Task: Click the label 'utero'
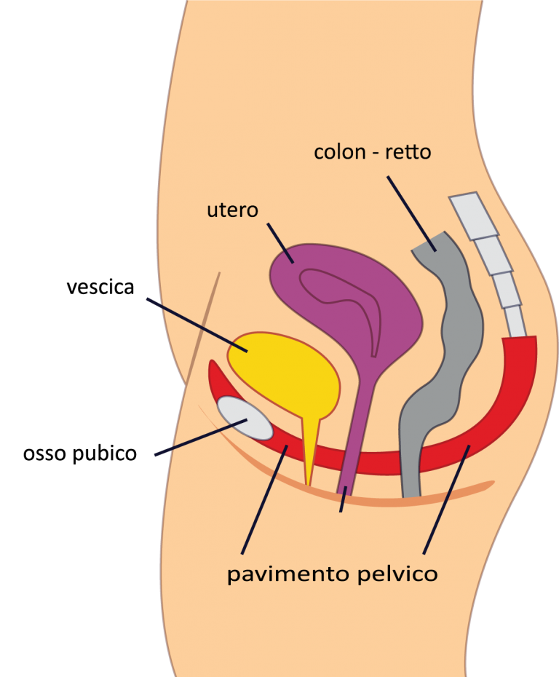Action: (232, 210)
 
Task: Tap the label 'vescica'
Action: (100, 287)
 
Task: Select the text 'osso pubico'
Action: (80, 454)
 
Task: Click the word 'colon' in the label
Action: (340, 152)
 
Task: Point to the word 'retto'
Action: (408, 152)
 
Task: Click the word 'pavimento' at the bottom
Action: (288, 574)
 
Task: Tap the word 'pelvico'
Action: (398, 574)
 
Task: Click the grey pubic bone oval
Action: (245, 418)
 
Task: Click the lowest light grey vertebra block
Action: (515, 321)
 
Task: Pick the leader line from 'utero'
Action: (280, 243)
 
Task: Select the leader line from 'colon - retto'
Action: (411, 214)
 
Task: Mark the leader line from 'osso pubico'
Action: (201, 437)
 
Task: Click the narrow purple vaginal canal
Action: (355, 436)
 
